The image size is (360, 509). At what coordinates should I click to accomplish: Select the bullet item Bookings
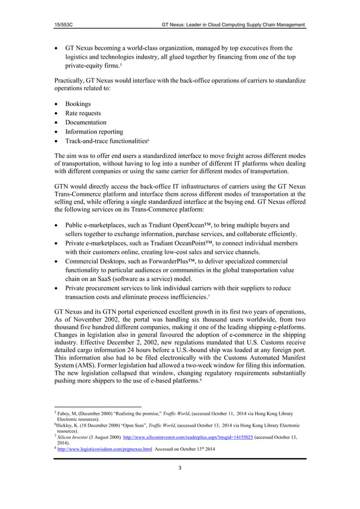click(78, 104)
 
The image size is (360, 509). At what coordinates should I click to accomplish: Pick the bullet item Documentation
click(86, 122)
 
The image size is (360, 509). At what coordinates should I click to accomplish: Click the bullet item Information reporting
click(94, 131)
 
